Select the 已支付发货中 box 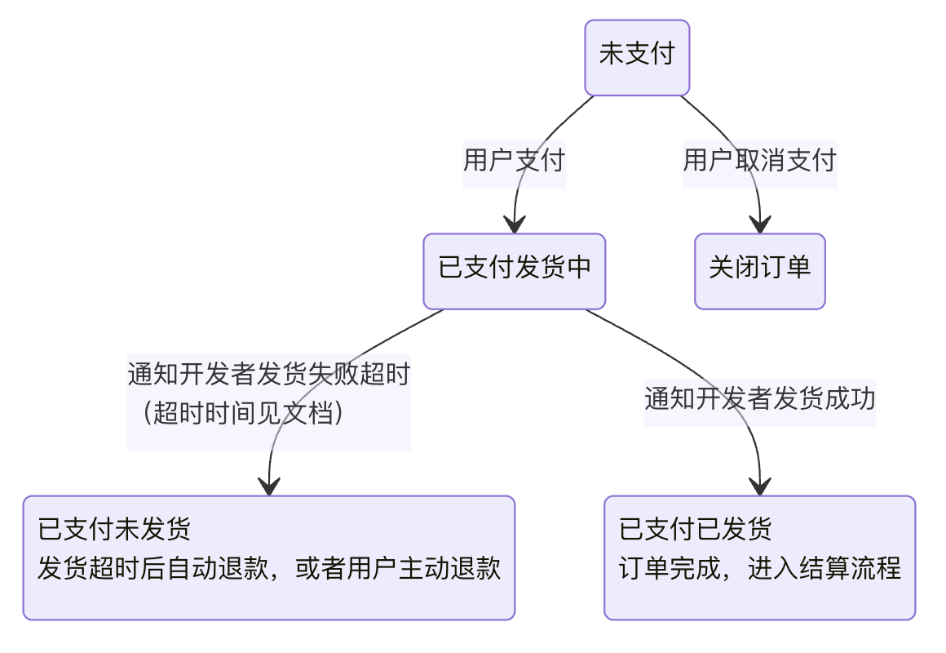click(514, 271)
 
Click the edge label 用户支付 click(514, 160)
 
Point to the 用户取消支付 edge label click(759, 160)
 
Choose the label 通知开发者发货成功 click(759, 399)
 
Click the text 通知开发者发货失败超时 click(268, 375)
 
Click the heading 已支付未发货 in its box click(114, 529)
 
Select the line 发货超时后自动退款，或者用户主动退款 click(268, 568)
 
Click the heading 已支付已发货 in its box click(695, 529)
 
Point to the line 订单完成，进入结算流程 click(759, 568)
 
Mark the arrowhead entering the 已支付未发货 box click(268, 486)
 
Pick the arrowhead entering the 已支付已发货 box click(760, 486)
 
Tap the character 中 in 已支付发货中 click(579, 268)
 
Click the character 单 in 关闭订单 click(798, 268)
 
